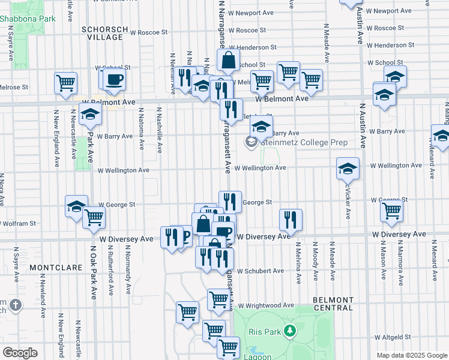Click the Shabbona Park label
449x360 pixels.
coord(28,19)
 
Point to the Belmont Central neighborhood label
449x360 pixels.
coord(333,304)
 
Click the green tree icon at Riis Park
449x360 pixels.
coord(291,331)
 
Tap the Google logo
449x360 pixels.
coord(20,353)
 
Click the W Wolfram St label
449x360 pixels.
coord(18,223)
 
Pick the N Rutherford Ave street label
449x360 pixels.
coord(111,276)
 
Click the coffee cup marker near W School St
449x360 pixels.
coord(114,79)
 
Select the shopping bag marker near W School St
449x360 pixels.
coord(228,61)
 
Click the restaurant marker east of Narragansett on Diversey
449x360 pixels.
coord(291,220)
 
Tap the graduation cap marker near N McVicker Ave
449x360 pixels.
coord(348,169)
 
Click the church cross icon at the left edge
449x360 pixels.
coord(15,305)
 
